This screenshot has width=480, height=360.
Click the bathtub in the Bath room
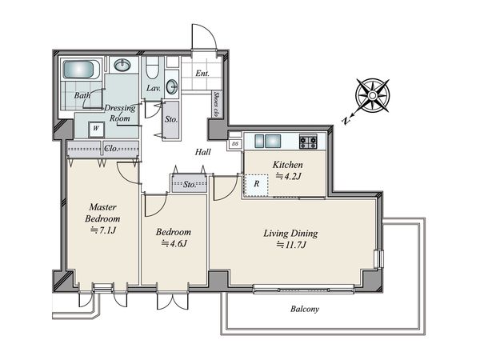point(82,70)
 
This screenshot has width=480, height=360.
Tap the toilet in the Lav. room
point(152,68)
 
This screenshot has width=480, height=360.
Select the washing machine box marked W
point(96,130)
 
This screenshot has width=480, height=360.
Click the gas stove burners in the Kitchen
point(308,142)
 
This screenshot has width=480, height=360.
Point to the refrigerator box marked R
point(256,185)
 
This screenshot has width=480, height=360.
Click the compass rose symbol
point(373,95)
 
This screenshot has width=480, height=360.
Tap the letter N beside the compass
point(346,121)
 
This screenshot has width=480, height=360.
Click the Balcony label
point(305,309)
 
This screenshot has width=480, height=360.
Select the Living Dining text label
point(290,234)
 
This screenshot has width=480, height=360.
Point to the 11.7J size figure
point(291,245)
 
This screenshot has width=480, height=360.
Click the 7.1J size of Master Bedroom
point(103,230)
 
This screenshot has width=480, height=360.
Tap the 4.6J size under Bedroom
point(174,244)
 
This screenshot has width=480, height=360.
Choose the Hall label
point(203,152)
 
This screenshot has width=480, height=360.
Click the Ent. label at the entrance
point(202,74)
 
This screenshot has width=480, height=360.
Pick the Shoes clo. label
point(217,104)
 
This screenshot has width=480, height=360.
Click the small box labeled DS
point(235,144)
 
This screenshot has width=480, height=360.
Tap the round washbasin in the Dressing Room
point(122,65)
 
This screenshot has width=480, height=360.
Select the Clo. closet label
point(111,149)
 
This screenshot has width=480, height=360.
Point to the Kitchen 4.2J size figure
point(289,176)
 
